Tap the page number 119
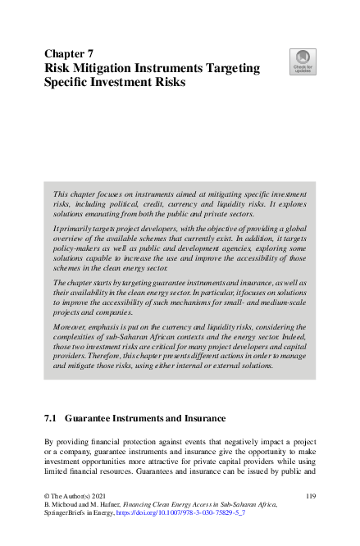309,497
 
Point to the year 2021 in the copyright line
96,497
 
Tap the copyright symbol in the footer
47,497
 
